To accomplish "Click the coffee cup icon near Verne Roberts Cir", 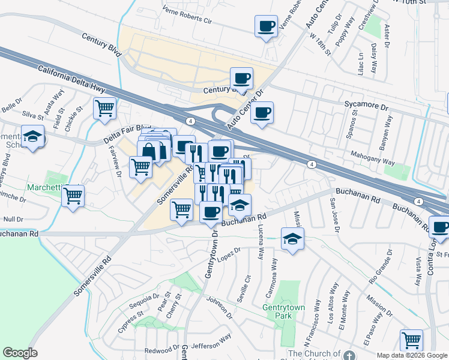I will click(x=266, y=26).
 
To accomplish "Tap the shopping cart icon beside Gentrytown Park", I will click(x=411, y=340).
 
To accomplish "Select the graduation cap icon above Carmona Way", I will click(x=292, y=239).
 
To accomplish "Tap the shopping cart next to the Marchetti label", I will click(x=73, y=196).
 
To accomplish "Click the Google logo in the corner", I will click(x=20, y=353).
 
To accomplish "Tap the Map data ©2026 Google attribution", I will click(x=412, y=355).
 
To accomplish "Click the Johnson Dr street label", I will click(x=218, y=307).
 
